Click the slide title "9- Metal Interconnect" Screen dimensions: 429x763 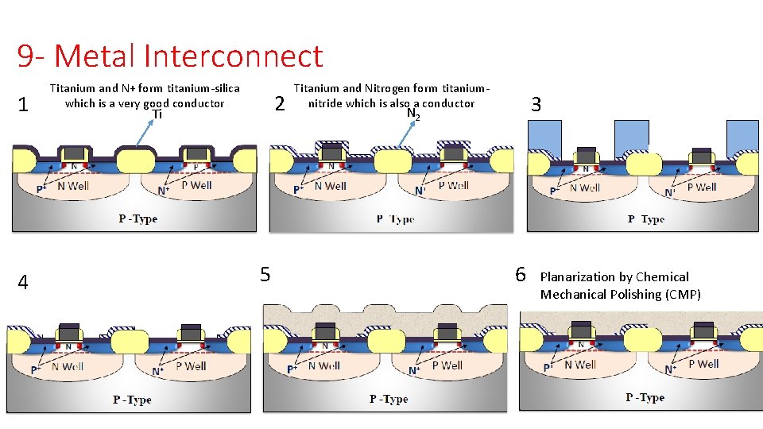170,56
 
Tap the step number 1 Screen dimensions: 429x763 24,105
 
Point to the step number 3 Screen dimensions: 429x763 536,104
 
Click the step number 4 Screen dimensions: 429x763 24,282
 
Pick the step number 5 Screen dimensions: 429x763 265,275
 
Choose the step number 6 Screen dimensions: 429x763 521,275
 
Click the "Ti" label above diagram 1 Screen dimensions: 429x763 157,114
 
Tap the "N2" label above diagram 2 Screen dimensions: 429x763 412,114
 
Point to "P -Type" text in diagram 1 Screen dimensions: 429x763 138,218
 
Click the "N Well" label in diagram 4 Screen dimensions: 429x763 68,366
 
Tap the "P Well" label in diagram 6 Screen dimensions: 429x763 704,364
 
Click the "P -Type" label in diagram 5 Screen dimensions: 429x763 389,399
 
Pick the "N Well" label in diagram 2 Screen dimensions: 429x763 330,186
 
